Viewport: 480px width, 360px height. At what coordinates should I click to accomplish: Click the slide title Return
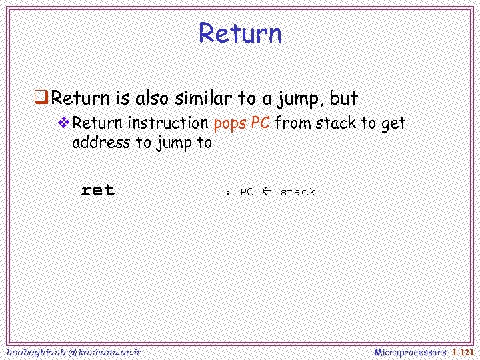point(240,33)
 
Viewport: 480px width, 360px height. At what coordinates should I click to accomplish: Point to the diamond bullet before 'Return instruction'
point(64,123)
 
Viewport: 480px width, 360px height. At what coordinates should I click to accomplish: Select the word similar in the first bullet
point(204,99)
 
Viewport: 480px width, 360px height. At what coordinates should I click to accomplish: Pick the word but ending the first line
point(344,99)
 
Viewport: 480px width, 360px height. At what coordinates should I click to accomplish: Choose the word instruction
point(167,123)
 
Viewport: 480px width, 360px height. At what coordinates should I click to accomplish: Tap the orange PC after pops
point(260,123)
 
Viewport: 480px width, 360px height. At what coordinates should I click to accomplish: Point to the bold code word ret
point(97,191)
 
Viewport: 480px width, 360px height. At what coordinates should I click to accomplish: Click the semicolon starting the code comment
point(227,193)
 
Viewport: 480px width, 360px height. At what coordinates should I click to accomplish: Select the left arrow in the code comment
point(267,191)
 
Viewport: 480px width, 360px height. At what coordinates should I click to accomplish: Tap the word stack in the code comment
point(298,192)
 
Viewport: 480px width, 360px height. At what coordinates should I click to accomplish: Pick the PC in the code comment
point(247,192)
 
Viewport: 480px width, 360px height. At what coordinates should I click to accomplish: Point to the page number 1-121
point(463,351)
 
